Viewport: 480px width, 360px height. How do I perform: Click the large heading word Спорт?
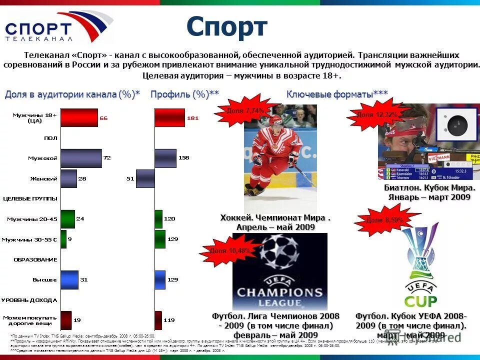(x=227, y=27)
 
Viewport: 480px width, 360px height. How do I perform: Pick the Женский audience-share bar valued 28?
(x=69, y=178)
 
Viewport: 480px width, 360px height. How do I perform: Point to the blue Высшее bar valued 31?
(x=69, y=279)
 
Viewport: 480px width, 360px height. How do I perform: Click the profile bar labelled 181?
(x=169, y=118)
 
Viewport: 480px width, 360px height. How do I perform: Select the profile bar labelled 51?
(x=145, y=178)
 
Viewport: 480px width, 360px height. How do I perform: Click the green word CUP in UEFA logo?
(x=420, y=301)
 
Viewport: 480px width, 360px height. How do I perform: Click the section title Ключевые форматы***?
(x=337, y=94)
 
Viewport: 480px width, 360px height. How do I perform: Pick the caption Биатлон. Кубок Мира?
(x=429, y=188)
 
